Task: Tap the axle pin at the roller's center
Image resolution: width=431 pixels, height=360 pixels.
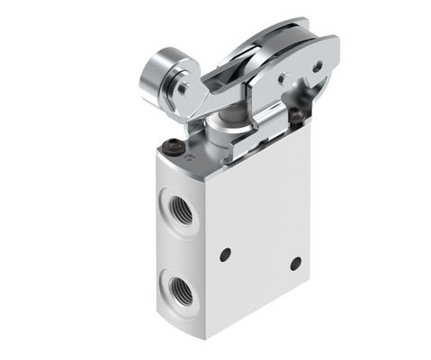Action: (183, 88)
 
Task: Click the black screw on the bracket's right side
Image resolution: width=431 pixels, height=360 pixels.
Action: (295, 114)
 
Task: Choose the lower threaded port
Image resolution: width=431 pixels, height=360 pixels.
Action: (176, 289)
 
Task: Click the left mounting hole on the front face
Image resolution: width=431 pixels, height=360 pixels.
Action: (225, 254)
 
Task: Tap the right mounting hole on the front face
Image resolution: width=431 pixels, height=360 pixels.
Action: (295, 263)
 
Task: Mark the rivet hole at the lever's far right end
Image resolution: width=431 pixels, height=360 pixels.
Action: (316, 66)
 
